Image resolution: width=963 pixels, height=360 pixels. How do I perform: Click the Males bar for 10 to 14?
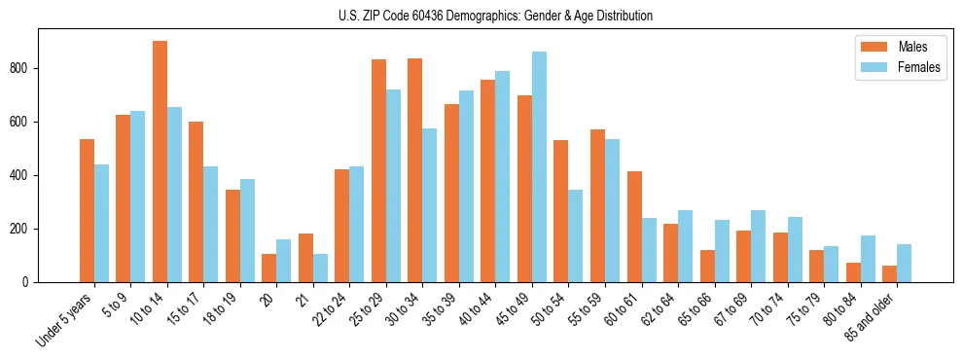pyautogui.click(x=160, y=162)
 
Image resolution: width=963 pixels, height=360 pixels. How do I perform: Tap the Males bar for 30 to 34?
pyautogui.click(x=415, y=170)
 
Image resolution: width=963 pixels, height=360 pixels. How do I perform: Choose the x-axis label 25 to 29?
pyautogui.click(x=368, y=307)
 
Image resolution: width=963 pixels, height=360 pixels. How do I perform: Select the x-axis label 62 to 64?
pyautogui.click(x=660, y=307)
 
